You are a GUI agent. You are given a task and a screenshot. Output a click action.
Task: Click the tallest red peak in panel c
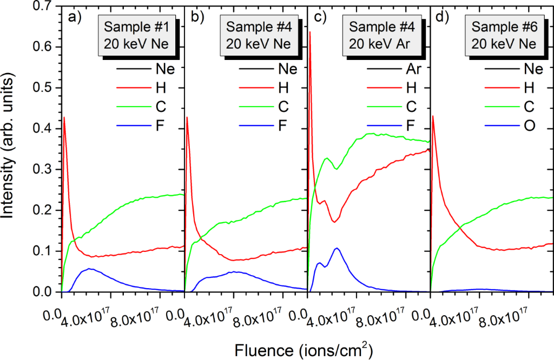coord(310,32)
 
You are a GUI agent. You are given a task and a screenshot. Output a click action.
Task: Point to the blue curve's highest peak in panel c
coord(337,248)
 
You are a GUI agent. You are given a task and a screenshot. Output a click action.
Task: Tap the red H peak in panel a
coord(64,117)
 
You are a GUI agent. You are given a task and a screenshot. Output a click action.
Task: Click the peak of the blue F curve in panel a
coord(90,269)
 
